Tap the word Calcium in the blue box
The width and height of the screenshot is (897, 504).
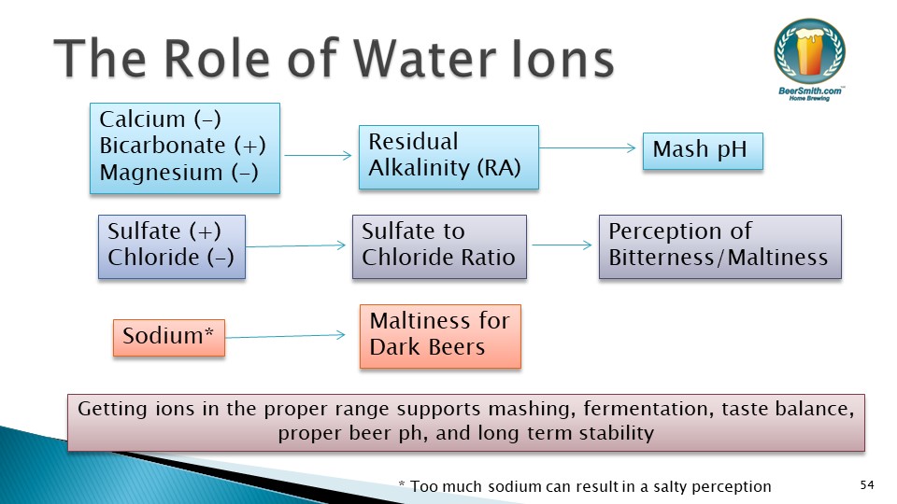[142, 119]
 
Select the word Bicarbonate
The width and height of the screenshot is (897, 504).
[163, 146]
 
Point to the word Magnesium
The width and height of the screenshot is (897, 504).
[161, 173]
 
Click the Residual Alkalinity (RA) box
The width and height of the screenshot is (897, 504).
[448, 157]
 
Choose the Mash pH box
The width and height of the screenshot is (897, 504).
[703, 151]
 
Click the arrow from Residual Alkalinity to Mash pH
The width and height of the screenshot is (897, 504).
[588, 148]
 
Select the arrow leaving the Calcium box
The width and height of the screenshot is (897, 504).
[318, 155]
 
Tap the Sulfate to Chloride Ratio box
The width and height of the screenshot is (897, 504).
[439, 246]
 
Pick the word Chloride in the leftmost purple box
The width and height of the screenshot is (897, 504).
[153, 258]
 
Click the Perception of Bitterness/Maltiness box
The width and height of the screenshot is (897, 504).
[720, 246]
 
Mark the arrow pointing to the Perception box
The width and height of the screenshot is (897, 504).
[562, 245]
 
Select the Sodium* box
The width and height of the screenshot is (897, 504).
[169, 338]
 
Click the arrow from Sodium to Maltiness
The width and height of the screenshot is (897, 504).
[286, 336]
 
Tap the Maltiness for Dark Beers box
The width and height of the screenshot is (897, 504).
[440, 337]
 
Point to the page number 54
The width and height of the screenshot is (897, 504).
[867, 485]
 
